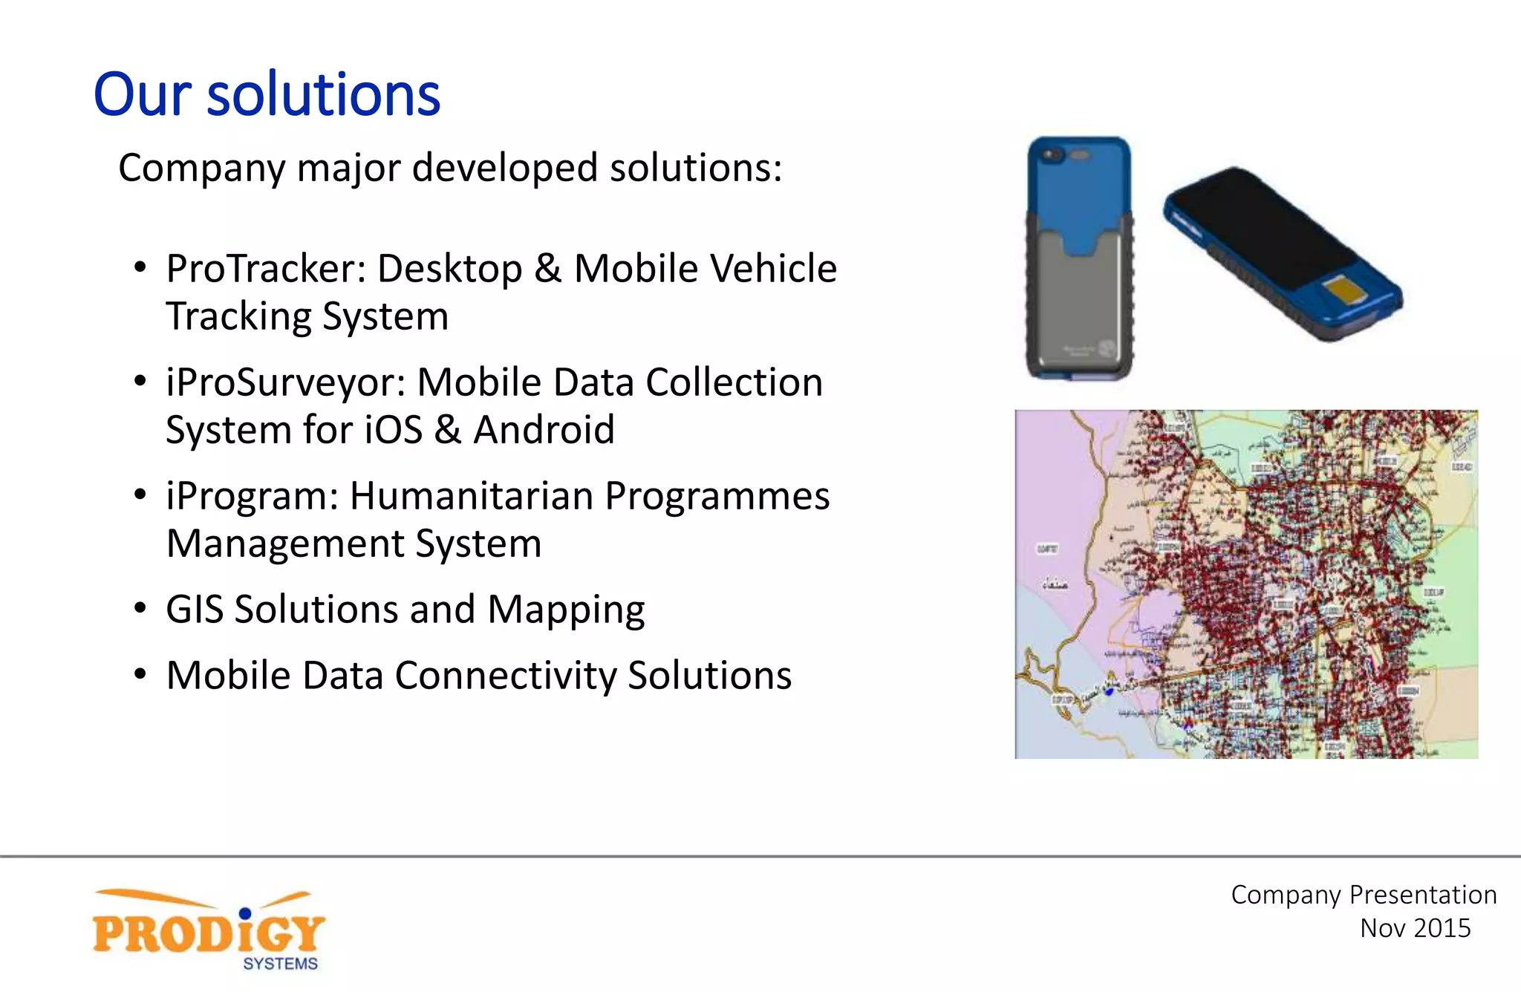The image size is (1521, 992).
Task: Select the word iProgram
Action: point(251,496)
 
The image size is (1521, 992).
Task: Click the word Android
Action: point(544,430)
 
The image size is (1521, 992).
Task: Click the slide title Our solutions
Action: point(267,94)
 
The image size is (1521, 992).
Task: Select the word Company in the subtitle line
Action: point(201,168)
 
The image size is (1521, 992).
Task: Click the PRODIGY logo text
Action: point(208,934)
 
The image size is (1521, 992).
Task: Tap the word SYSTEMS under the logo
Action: point(280,964)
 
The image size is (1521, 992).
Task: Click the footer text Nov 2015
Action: point(1415,928)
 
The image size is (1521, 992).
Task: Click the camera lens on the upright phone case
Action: point(1052,155)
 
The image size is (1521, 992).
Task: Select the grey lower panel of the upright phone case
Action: point(1079,312)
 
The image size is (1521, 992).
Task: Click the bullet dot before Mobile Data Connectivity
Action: point(140,675)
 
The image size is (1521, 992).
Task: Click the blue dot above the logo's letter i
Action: point(245,913)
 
